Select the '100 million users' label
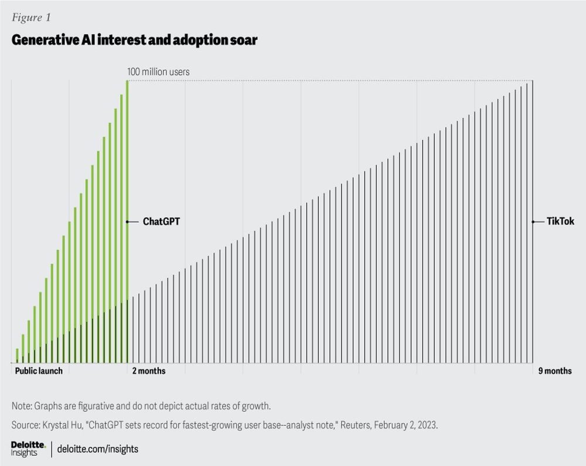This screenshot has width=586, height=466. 158,72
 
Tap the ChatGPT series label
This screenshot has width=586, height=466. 161,222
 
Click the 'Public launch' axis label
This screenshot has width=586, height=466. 39,371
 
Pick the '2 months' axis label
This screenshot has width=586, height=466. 149,371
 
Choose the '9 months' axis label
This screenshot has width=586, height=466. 554,371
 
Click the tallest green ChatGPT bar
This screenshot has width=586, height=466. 127,223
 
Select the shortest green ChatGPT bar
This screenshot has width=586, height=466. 17,356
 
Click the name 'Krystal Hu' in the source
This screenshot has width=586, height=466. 59,424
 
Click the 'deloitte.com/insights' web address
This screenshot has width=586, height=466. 98,450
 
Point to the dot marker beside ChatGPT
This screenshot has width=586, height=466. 128,222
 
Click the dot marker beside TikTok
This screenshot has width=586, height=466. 533,222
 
